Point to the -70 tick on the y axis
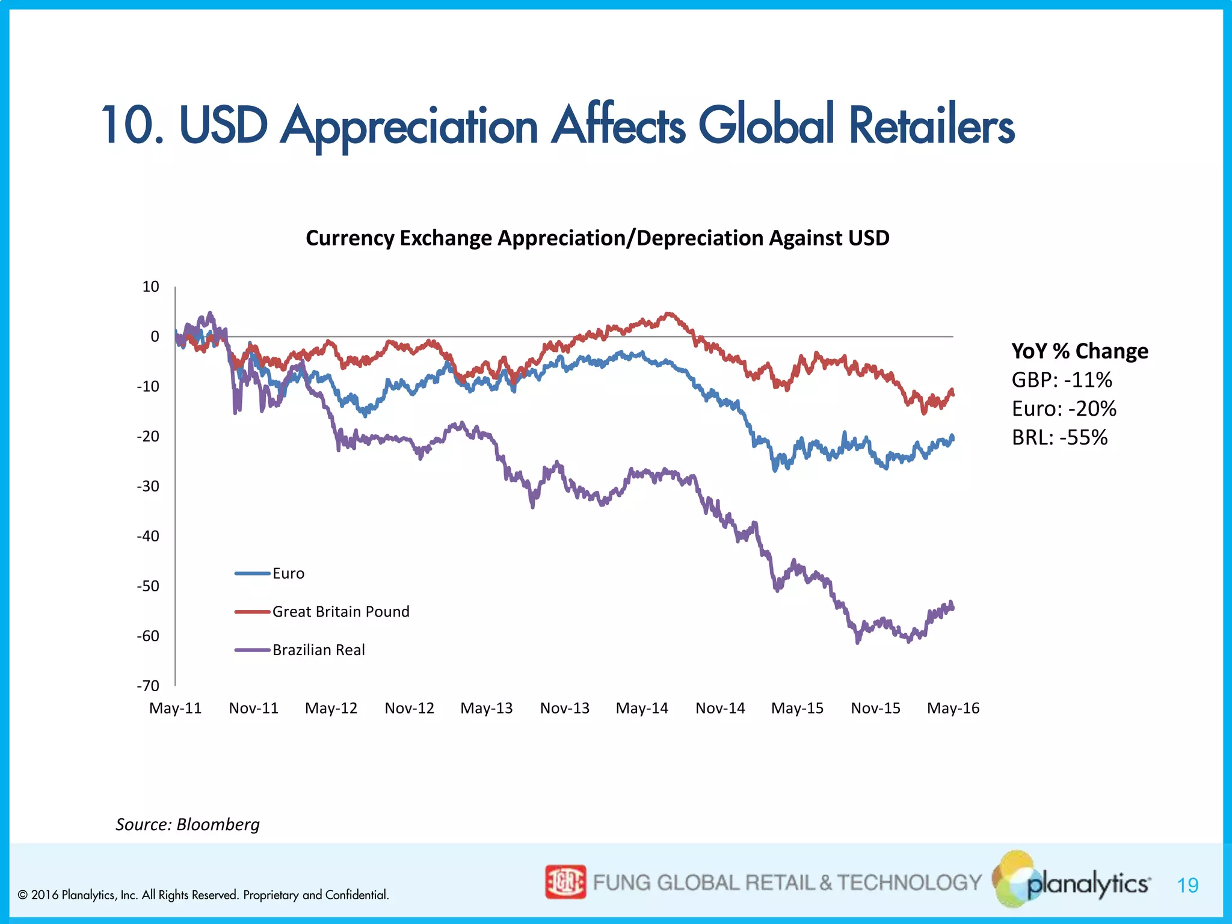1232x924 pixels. (148, 686)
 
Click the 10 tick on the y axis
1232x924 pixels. (150, 286)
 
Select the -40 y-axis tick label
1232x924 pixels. (148, 536)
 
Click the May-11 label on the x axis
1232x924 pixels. (175, 708)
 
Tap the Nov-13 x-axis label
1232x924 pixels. (564, 708)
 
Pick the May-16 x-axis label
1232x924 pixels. (953, 708)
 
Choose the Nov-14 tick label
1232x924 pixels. (720, 708)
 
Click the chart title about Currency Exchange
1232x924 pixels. (597, 238)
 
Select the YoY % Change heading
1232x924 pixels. (1079, 351)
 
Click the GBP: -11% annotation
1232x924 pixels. (1061, 380)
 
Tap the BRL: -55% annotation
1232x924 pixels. (1059, 437)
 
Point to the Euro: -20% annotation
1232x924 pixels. (1064, 408)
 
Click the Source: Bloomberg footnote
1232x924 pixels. (188, 824)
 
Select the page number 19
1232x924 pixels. (1187, 885)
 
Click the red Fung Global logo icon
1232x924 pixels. (565, 882)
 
